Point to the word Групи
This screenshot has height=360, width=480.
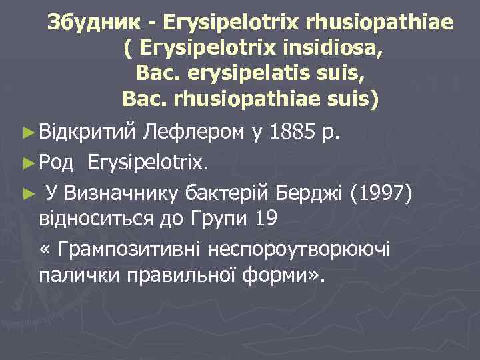coord(216,218)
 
